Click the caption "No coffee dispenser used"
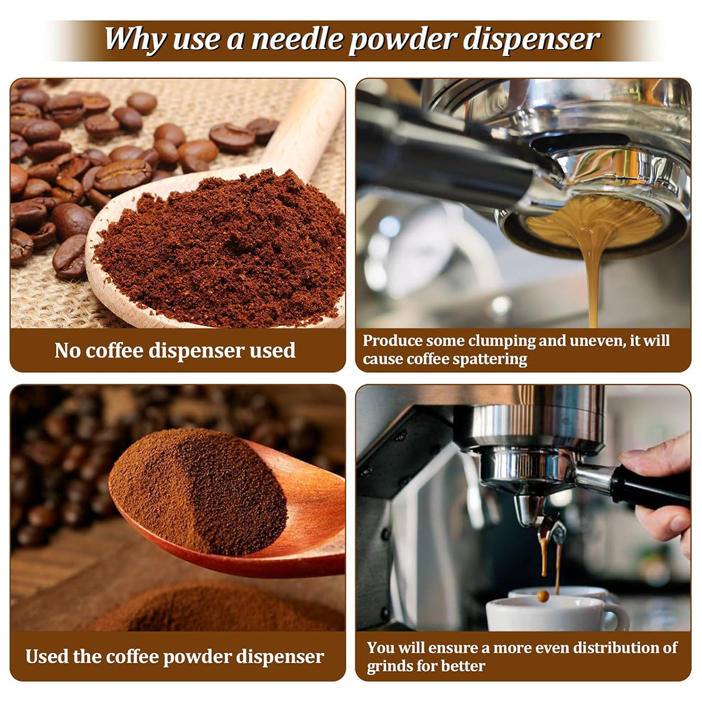pyautogui.click(x=175, y=350)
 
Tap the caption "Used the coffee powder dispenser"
pyautogui.click(x=174, y=658)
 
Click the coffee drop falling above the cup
pyautogui.click(x=543, y=596)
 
